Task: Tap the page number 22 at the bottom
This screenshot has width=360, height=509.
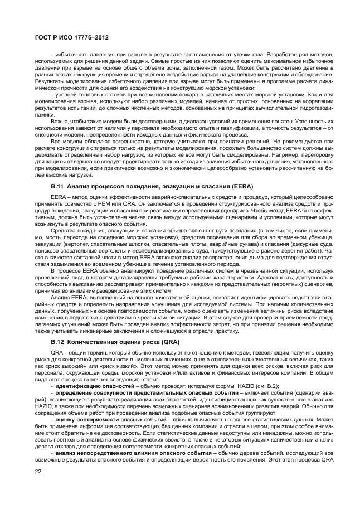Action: tap(38, 472)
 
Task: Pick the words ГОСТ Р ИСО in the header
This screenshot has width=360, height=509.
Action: tap(45, 37)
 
